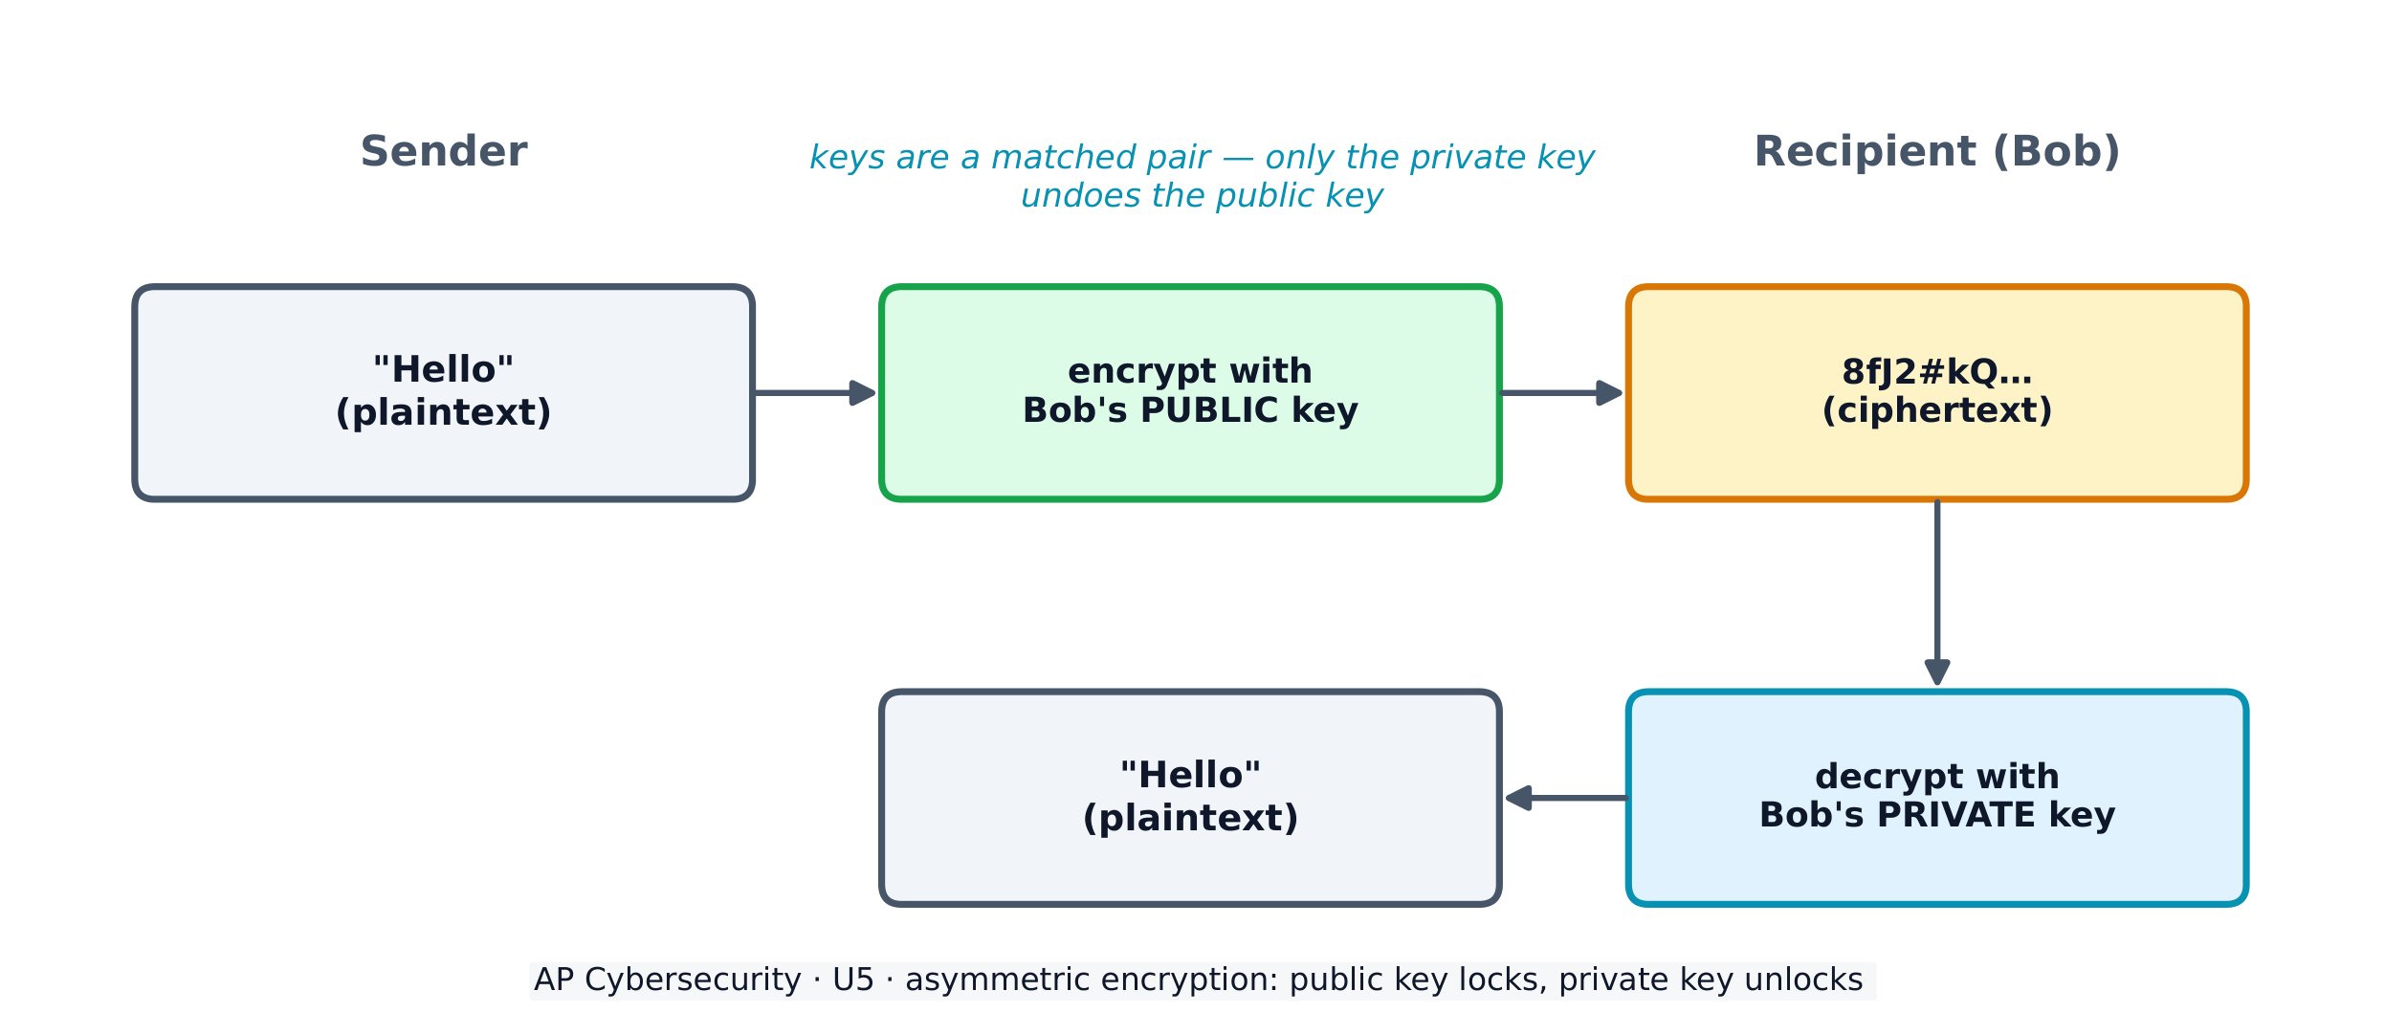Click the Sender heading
443,151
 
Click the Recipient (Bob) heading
1936,151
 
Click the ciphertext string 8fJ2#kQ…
1936,371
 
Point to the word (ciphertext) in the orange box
1936,410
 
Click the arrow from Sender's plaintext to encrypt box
814,393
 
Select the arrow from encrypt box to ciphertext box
1561,393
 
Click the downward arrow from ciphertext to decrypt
1937,593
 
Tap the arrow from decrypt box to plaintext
1566,798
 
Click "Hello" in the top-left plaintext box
443,369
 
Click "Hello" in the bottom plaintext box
1190,775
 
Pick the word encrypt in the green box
1129,371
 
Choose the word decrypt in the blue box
1876,777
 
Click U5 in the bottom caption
853,980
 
